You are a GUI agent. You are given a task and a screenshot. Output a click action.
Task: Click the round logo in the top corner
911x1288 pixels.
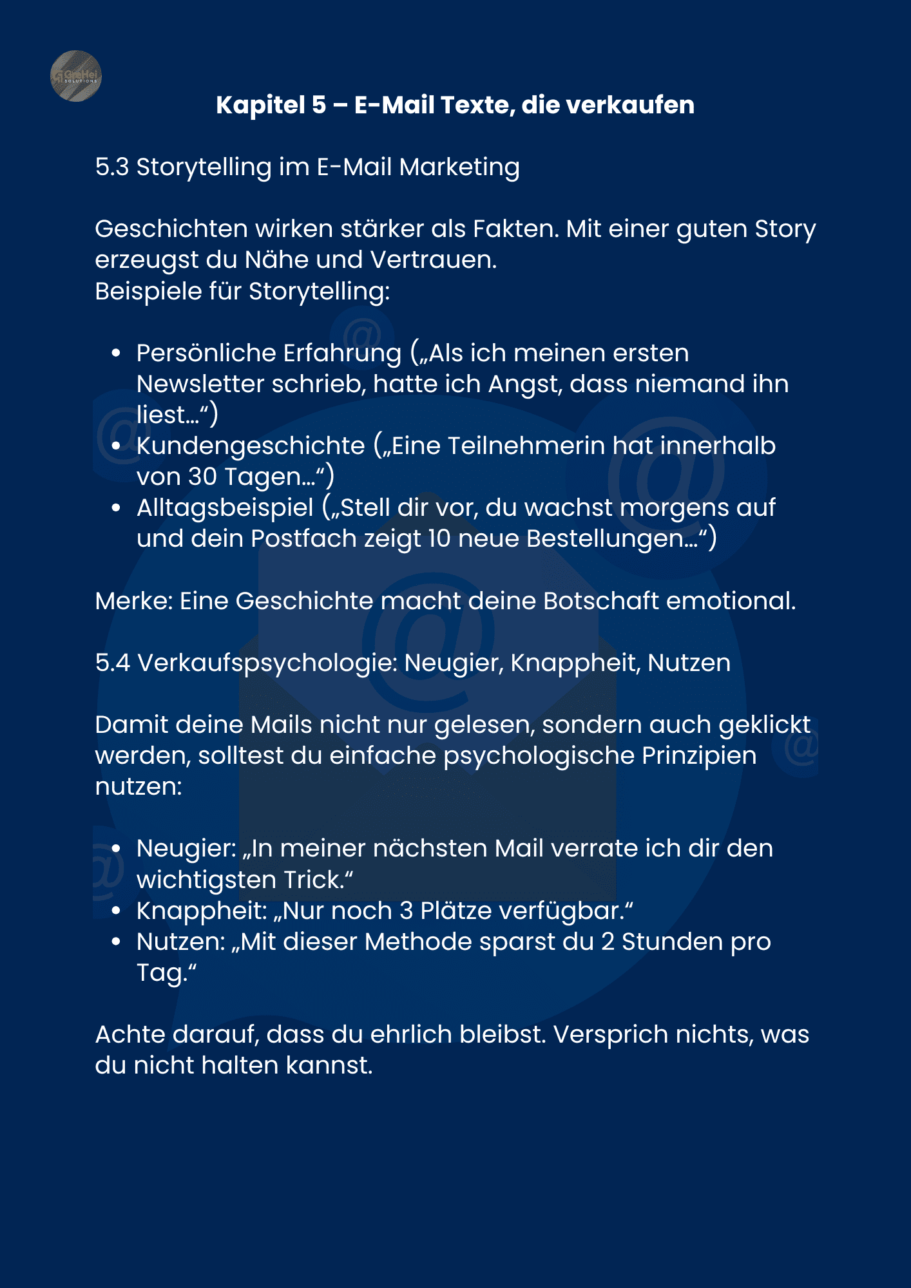click(x=76, y=76)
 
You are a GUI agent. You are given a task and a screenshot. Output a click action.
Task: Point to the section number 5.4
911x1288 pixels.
click(x=112, y=663)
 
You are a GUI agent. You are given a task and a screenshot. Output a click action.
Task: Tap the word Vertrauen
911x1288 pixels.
click(x=433, y=260)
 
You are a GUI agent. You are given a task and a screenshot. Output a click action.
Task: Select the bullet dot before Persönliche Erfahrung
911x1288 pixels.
click(x=116, y=353)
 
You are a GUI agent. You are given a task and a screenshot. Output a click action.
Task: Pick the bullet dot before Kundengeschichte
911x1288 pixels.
click(x=116, y=446)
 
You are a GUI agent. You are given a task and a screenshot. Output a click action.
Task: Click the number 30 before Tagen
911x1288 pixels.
click(x=202, y=477)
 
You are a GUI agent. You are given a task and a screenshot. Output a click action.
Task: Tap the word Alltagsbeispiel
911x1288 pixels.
click(x=225, y=508)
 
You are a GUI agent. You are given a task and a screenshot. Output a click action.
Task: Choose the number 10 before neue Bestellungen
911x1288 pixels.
click(x=439, y=539)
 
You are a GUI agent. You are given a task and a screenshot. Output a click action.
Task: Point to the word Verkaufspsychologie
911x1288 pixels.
click(x=267, y=663)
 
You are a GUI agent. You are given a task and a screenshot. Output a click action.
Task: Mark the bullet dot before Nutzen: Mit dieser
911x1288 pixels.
click(x=116, y=942)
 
